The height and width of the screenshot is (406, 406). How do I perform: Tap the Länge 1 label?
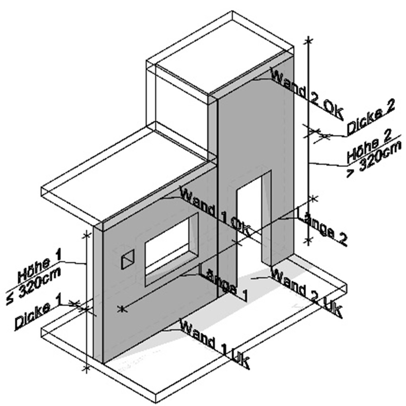click(224, 282)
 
